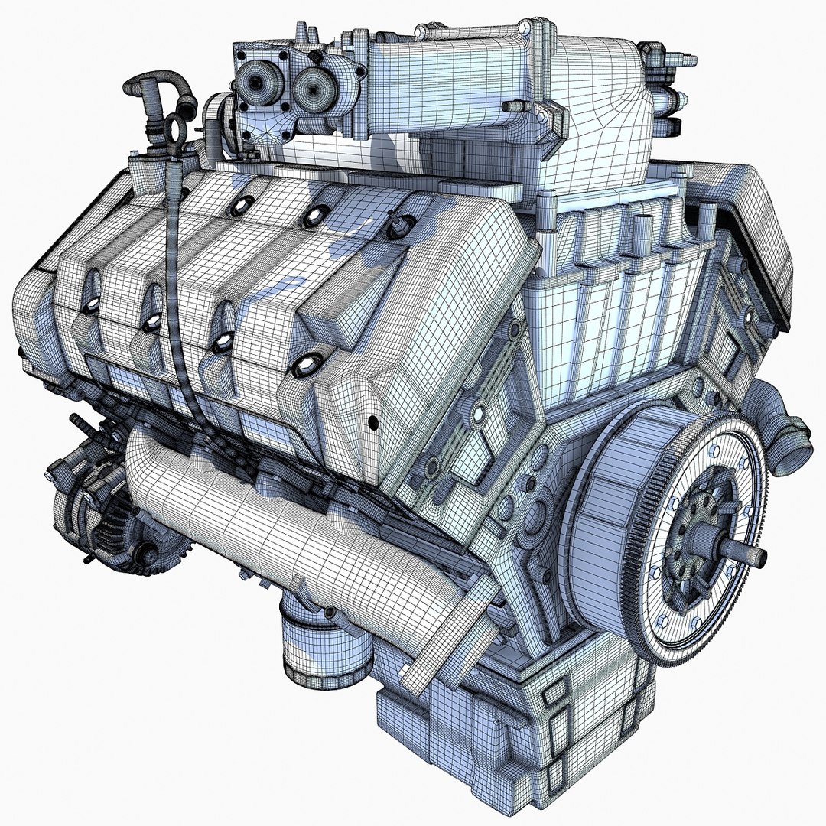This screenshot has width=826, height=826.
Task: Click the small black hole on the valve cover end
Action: tap(373, 422)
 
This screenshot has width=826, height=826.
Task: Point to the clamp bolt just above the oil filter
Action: tap(328, 612)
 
